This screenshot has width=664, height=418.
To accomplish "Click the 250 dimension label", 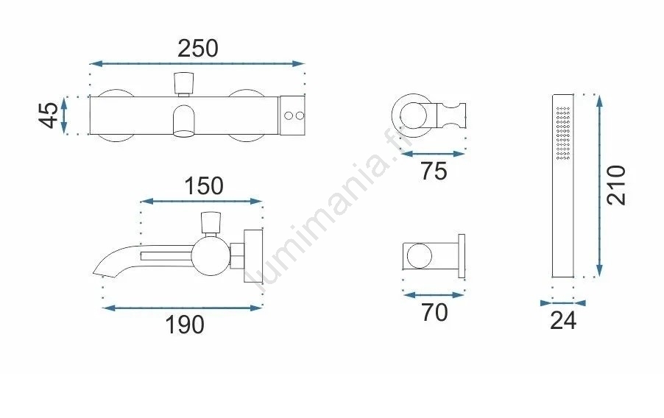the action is click(198, 49).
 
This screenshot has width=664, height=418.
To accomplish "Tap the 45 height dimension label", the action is click(49, 116).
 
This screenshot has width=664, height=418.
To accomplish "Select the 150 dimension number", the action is click(204, 186).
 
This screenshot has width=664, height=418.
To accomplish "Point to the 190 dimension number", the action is click(185, 325).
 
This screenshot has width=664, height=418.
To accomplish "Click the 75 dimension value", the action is click(434, 171).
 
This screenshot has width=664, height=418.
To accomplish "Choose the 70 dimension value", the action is click(434, 313).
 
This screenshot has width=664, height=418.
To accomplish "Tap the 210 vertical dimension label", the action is click(615, 185).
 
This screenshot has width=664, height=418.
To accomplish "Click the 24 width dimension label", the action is click(563, 321).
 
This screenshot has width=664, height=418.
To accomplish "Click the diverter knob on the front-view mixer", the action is click(184, 83).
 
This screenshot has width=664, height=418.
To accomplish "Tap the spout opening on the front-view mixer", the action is click(184, 133).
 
